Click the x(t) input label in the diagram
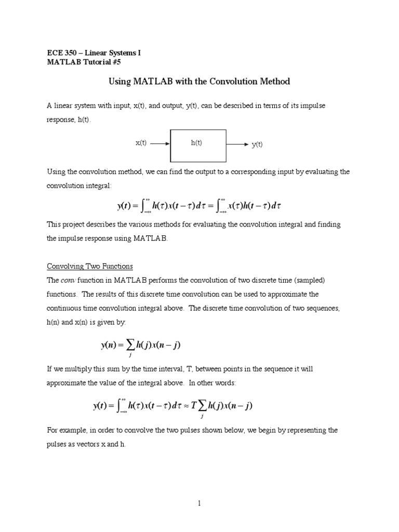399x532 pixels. (141, 143)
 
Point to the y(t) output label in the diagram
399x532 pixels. (257, 145)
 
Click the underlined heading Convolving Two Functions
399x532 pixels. (90, 266)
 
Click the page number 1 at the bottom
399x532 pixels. (199, 503)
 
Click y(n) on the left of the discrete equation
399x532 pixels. (110, 345)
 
